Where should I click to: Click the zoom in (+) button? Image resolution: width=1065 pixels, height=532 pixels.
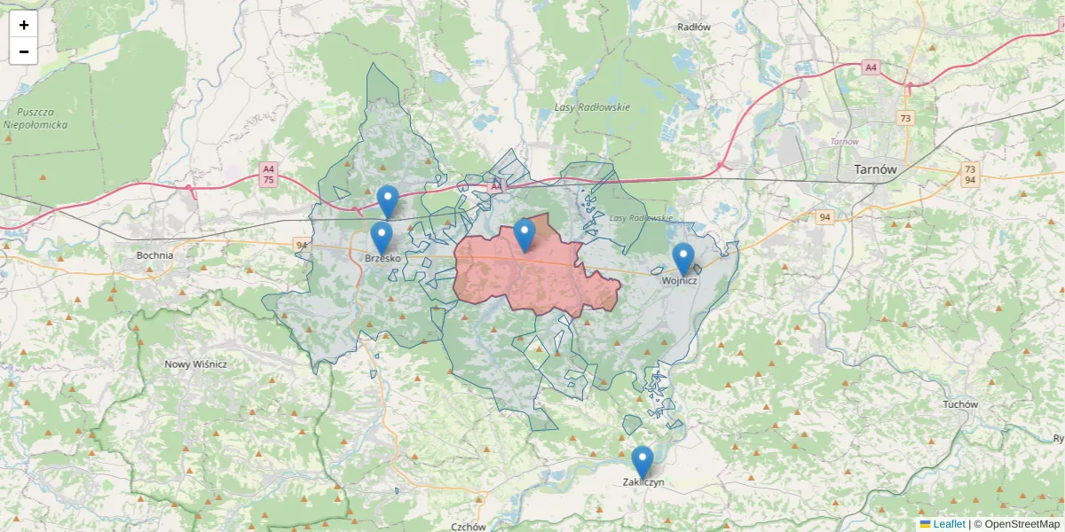pyautogui.click(x=24, y=25)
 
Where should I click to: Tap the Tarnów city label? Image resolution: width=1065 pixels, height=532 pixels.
pyautogui.click(x=874, y=169)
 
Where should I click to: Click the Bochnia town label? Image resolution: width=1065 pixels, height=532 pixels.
pyautogui.click(x=154, y=255)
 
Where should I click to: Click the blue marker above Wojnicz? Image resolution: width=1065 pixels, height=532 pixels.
pyautogui.click(x=682, y=258)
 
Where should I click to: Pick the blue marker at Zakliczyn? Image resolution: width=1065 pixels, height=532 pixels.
pyautogui.click(x=642, y=462)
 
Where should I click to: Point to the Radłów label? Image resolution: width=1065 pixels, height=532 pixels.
pyautogui.click(x=694, y=27)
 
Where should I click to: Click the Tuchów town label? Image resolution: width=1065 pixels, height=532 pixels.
pyautogui.click(x=960, y=404)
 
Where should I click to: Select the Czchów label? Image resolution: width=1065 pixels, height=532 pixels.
pyautogui.click(x=468, y=526)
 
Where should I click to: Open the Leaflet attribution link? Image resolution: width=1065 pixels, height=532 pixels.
pyautogui.click(x=949, y=524)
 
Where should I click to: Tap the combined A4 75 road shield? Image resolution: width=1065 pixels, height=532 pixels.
pyautogui.click(x=267, y=174)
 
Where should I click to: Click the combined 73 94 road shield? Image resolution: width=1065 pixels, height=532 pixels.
pyautogui.click(x=970, y=174)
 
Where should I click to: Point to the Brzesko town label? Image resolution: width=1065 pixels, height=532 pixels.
pyautogui.click(x=383, y=258)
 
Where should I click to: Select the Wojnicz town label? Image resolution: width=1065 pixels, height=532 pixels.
pyautogui.click(x=680, y=281)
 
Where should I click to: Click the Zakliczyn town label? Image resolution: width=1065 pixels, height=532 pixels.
pyautogui.click(x=643, y=483)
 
